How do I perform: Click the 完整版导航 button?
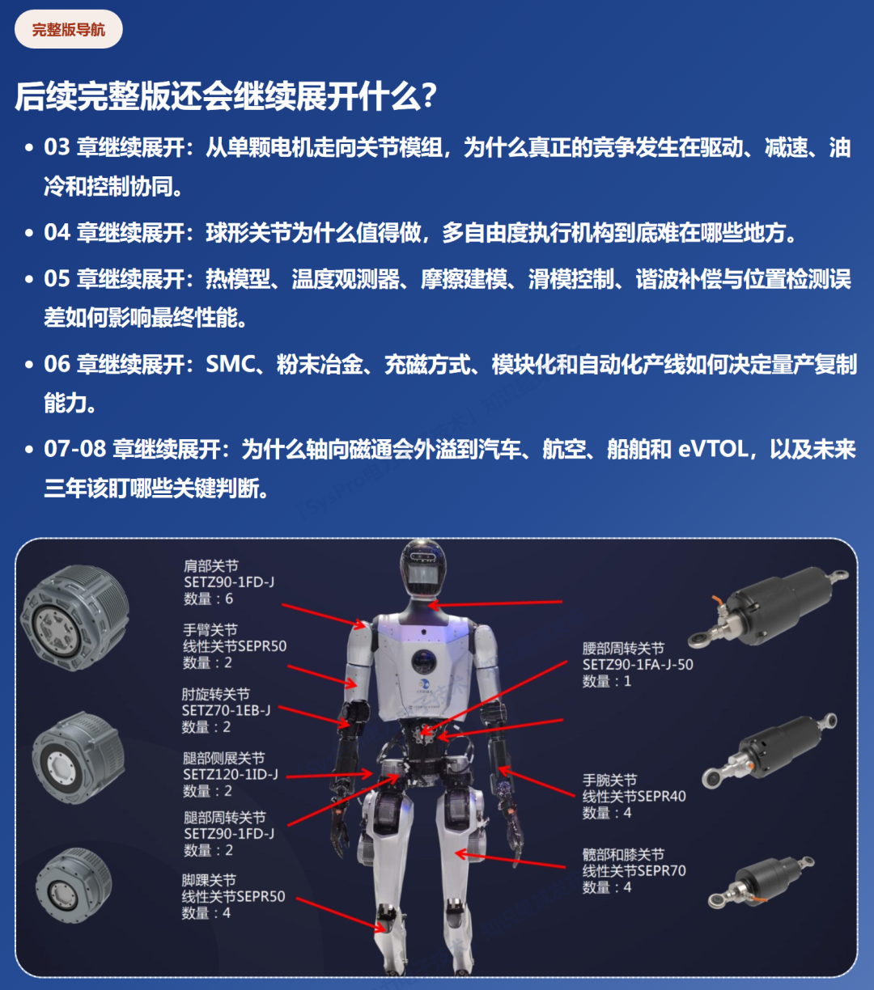[69, 30]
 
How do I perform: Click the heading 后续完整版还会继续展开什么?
[227, 96]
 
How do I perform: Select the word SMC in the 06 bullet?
[231, 364]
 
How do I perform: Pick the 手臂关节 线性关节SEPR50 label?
[234, 646]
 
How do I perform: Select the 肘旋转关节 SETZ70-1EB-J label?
[226, 710]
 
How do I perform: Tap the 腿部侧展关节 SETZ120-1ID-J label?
[231, 774]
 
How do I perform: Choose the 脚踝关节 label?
[233, 896]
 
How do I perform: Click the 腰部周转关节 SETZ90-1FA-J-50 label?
[638, 665]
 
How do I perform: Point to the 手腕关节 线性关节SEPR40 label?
[634, 797]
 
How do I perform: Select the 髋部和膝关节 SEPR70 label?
[634, 871]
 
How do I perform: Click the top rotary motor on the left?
[75, 616]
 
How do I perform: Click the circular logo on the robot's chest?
[422, 661]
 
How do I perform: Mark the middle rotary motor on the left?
[78, 756]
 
